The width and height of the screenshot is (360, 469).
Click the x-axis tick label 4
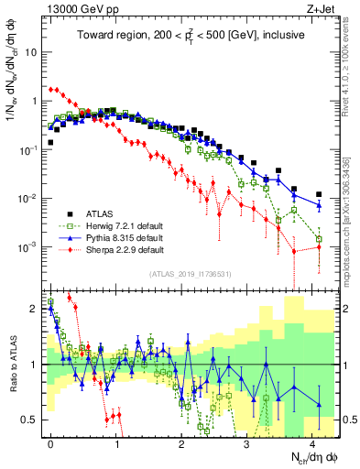pos(312,442)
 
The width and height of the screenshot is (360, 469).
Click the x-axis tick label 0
pos(51,442)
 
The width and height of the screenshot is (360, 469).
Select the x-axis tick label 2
pos(182,442)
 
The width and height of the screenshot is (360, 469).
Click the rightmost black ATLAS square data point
pos(318,194)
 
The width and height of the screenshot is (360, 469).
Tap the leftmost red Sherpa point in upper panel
pos(51,89)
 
